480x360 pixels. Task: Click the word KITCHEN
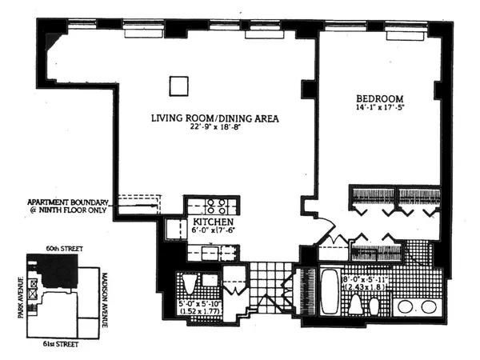click(212, 222)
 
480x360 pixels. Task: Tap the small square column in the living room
click(178, 84)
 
